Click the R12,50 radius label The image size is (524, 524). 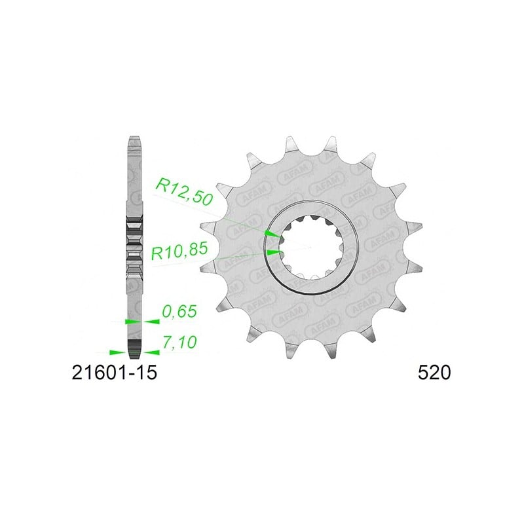(185, 192)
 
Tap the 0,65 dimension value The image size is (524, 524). (179, 312)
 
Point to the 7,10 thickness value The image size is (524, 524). (179, 342)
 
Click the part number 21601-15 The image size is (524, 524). (114, 372)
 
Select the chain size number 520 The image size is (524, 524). (434, 372)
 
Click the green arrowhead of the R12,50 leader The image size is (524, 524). (272, 233)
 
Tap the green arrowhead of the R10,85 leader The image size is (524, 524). (273, 252)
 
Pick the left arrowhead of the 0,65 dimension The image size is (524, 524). (134, 322)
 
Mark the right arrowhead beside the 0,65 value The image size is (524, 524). (151, 322)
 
